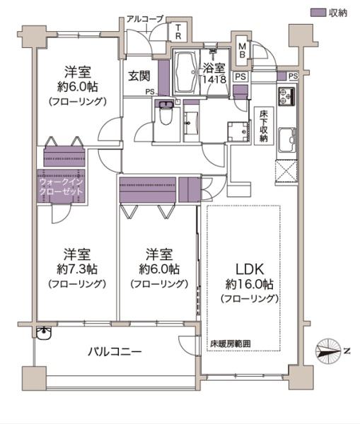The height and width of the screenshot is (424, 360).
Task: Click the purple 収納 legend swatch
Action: click(318, 13)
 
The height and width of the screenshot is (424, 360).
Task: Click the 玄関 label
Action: click(139, 73)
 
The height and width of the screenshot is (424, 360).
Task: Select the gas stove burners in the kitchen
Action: click(287, 97)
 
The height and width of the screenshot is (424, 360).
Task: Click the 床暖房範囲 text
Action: click(230, 344)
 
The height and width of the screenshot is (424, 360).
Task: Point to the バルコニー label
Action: click(115, 351)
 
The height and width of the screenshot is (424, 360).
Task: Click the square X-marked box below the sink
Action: click(286, 172)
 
